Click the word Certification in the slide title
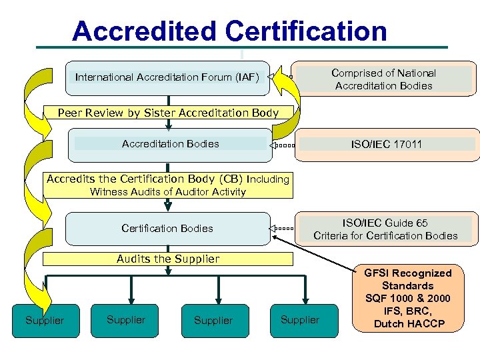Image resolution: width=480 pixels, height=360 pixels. pyautogui.click(x=306, y=31)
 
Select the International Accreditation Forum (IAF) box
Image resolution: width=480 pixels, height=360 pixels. pyautogui.click(x=167, y=77)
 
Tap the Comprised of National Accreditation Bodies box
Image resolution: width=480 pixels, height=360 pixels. pyautogui.click(x=383, y=79)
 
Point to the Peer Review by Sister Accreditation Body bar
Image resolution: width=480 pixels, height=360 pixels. pyautogui.click(x=168, y=113)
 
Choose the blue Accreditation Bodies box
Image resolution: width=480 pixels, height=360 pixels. pyautogui.click(x=170, y=144)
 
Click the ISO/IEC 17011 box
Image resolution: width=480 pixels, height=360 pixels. pyautogui.click(x=387, y=144)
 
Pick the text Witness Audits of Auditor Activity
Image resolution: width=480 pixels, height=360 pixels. pyautogui.click(x=168, y=192)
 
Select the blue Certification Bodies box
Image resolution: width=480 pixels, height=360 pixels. pyautogui.click(x=167, y=228)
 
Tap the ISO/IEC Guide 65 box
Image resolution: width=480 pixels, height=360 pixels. pyautogui.click(x=385, y=229)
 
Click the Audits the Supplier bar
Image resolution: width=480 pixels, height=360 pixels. pyautogui.click(x=168, y=259)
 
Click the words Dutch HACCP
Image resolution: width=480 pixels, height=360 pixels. pyautogui.click(x=409, y=324)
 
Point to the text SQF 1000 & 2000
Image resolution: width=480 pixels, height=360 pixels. pyautogui.click(x=407, y=299)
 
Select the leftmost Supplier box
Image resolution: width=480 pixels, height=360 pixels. pyautogui.click(x=45, y=321)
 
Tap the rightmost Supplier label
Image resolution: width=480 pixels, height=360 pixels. pyautogui.click(x=300, y=320)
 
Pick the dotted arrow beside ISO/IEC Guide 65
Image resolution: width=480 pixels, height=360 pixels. pyautogui.click(x=282, y=229)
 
